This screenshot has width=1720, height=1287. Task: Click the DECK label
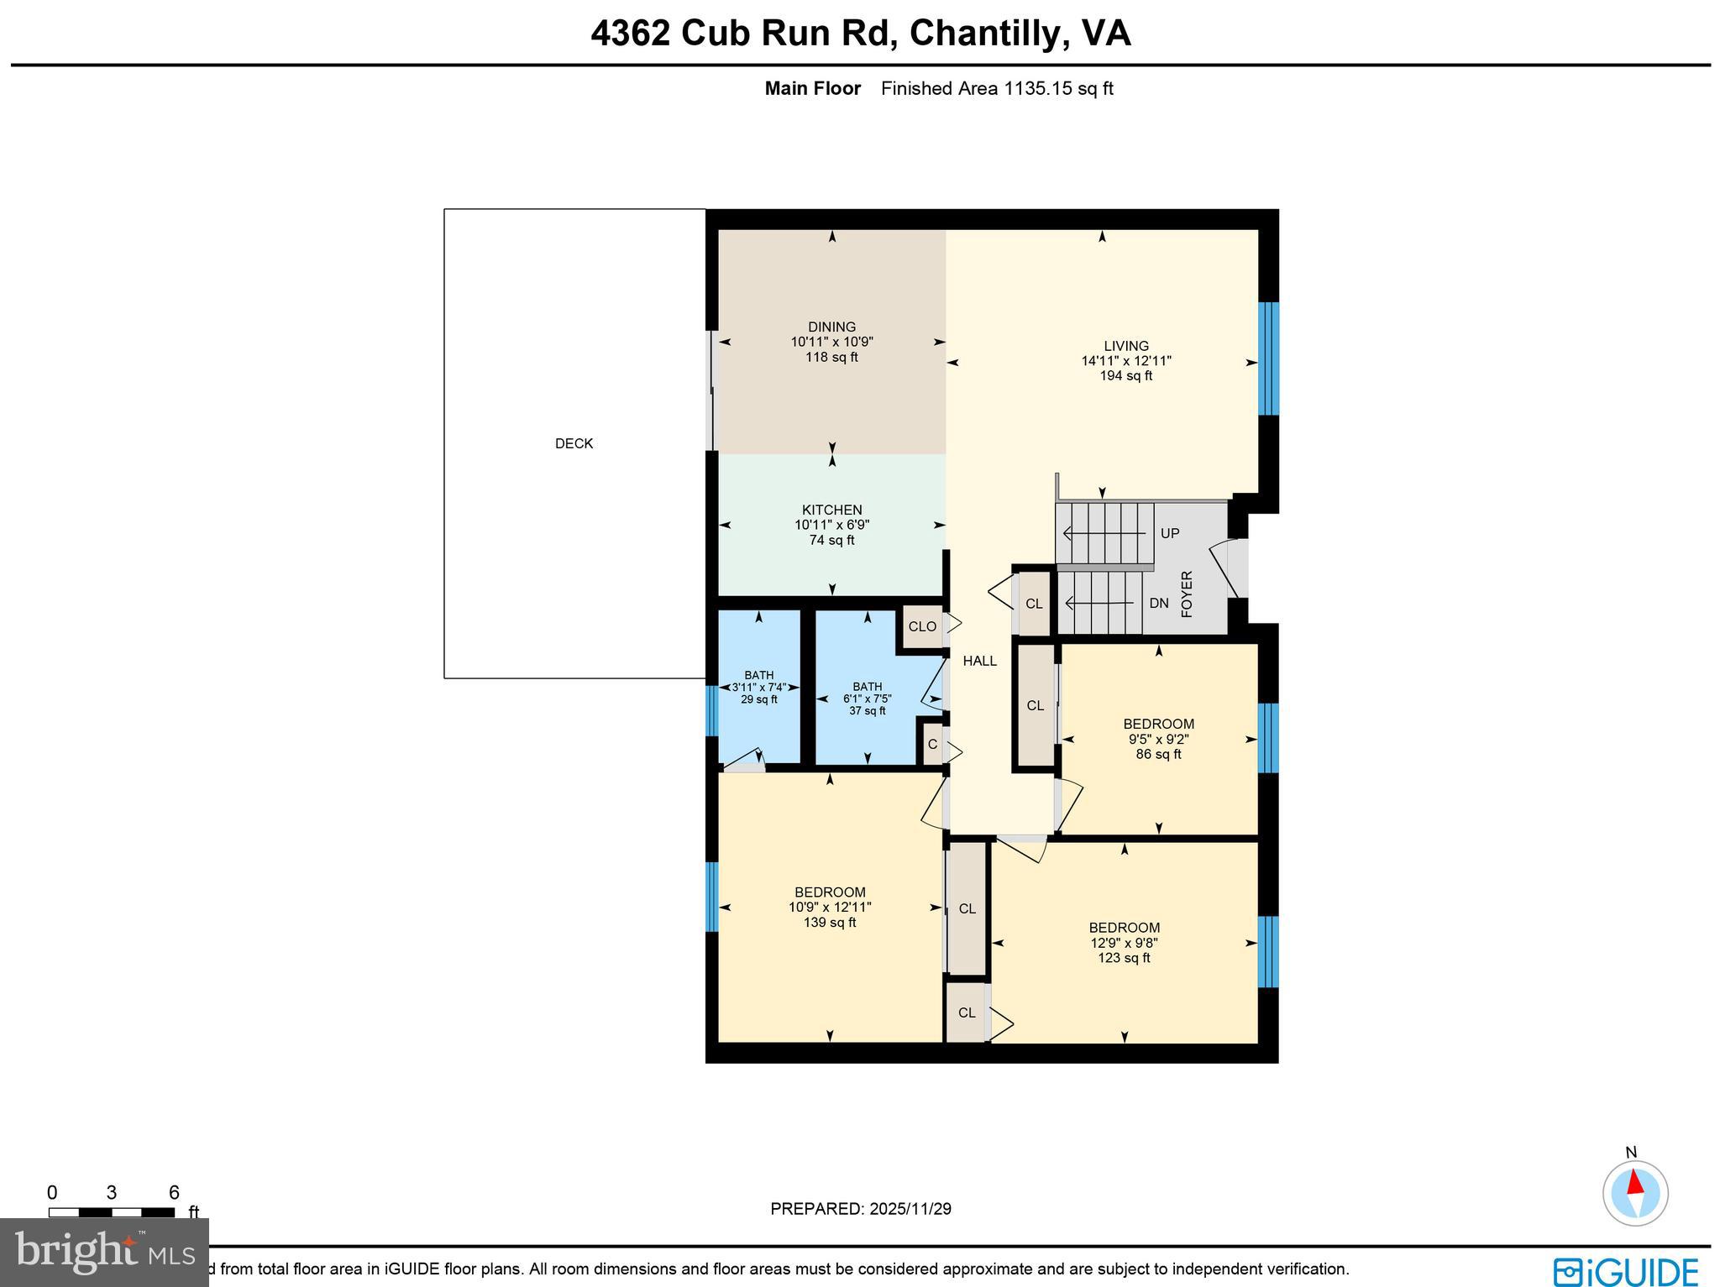(x=574, y=443)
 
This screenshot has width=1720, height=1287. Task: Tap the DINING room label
(x=831, y=327)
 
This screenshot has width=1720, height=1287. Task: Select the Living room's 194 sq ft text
(x=1125, y=376)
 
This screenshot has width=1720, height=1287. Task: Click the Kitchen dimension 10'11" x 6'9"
(x=831, y=525)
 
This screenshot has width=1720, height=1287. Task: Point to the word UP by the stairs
(x=1170, y=533)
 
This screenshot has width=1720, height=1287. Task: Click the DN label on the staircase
(x=1159, y=603)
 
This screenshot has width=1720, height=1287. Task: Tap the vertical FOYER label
(x=1187, y=594)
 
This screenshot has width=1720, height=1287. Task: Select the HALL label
(x=979, y=661)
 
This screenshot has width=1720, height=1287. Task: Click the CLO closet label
(x=922, y=626)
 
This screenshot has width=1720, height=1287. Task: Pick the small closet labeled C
(x=932, y=744)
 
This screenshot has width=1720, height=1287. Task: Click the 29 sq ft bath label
(x=758, y=699)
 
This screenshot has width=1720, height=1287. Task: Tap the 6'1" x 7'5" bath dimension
(x=867, y=698)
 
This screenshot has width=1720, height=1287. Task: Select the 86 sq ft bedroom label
(x=1158, y=754)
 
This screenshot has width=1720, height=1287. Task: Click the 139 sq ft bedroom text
(x=830, y=923)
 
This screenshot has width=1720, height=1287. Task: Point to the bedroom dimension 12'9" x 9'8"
(x=1124, y=943)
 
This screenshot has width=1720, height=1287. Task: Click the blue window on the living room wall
(x=1268, y=358)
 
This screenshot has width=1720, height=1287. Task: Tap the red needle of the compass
(x=1634, y=1182)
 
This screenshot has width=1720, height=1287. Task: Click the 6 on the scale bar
(x=174, y=1193)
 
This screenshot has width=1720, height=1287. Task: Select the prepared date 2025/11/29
(x=910, y=1209)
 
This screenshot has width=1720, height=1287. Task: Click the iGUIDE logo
(x=1625, y=1271)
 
